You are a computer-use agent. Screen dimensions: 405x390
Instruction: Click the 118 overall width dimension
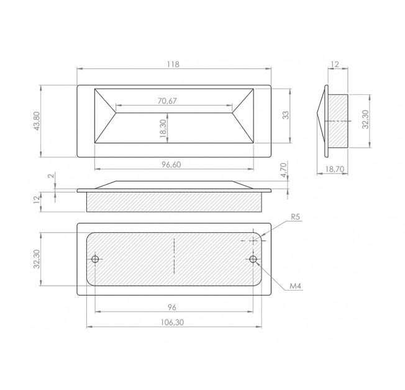click(173, 64)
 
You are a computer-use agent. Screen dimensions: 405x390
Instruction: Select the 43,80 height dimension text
click(37, 121)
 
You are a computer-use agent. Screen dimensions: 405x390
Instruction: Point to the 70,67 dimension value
click(167, 101)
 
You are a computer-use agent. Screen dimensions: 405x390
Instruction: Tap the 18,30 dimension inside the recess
click(163, 128)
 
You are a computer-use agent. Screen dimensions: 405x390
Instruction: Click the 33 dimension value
click(286, 115)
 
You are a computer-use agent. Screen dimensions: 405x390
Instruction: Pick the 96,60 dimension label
click(171, 165)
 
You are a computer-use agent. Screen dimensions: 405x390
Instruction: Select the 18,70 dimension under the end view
click(335, 169)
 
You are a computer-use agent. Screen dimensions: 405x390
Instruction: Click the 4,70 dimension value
click(283, 170)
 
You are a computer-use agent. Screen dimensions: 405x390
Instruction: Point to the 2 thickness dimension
click(52, 176)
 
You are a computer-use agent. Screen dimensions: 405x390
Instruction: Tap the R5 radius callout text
click(296, 217)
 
